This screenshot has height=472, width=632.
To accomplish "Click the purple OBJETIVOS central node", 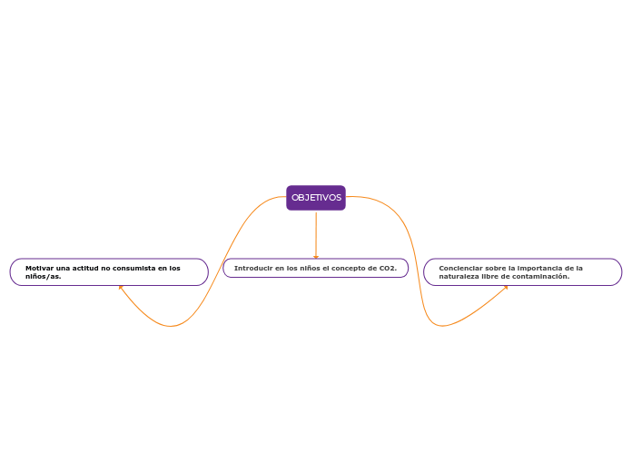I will (x=316, y=198).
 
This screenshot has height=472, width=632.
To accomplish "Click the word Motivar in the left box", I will (x=39, y=268).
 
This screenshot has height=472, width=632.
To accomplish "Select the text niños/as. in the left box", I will (x=43, y=276).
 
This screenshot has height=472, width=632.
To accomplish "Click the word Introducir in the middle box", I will (x=252, y=268).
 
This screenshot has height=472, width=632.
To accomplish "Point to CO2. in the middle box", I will (x=388, y=268).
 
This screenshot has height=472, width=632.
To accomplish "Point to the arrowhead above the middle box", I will (x=316, y=257).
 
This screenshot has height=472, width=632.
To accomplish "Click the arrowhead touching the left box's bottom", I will (x=120, y=288).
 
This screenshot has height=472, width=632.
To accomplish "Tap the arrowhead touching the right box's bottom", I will (x=506, y=288).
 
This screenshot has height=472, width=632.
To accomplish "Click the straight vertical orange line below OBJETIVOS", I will (x=316, y=232).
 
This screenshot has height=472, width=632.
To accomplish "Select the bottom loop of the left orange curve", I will (x=170, y=325).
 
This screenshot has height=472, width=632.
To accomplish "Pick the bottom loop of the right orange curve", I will (x=443, y=325).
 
